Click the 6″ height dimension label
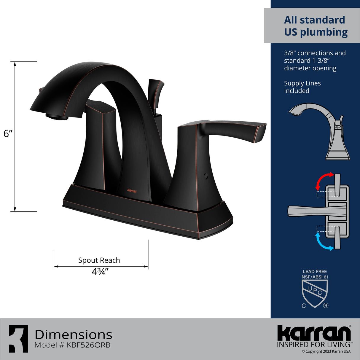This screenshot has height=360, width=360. (8, 134)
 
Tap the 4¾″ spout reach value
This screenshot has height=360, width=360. (100, 271)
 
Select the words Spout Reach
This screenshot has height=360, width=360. (99, 260)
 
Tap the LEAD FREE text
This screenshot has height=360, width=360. (315, 271)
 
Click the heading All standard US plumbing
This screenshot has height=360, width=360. (316, 26)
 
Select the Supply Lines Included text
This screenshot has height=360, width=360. (302, 87)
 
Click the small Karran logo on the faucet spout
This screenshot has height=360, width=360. (132, 191)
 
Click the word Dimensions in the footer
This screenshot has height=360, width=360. (73, 334)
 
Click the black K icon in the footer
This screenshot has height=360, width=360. (18, 339)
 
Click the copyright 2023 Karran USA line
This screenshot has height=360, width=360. (326, 351)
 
